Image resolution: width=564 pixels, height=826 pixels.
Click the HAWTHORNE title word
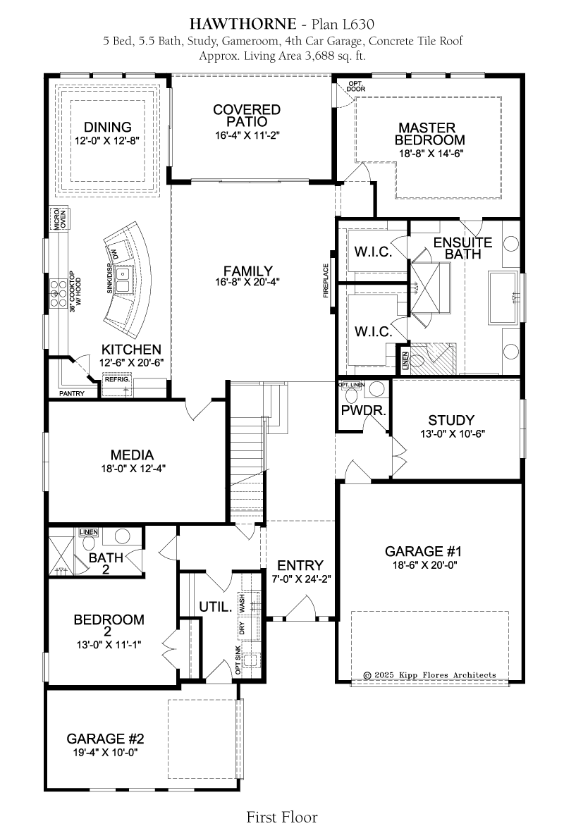243,24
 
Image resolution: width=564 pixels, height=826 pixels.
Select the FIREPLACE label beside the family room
326,281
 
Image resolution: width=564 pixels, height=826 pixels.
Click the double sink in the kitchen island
123,281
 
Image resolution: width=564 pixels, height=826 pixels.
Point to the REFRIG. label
117,379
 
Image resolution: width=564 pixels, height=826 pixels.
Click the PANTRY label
72,393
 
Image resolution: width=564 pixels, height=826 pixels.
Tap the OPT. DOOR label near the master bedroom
356,86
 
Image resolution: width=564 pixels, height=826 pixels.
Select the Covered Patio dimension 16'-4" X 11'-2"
247,135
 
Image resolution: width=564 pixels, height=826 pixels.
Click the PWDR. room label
364,410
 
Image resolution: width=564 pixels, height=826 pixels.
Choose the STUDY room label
451,420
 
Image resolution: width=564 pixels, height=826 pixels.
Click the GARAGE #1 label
423,552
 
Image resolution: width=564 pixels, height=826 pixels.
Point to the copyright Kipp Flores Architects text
429,674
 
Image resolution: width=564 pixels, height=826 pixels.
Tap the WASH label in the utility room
242,603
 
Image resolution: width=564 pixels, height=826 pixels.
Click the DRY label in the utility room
242,628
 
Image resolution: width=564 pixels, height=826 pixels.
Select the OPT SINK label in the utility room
238,660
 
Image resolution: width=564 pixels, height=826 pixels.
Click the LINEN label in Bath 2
89,532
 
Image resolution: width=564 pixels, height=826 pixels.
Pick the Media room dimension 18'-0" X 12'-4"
133,468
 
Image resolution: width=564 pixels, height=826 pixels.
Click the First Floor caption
282,817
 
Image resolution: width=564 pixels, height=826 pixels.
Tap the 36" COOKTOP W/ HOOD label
75,292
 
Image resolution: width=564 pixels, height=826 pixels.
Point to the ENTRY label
300,565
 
